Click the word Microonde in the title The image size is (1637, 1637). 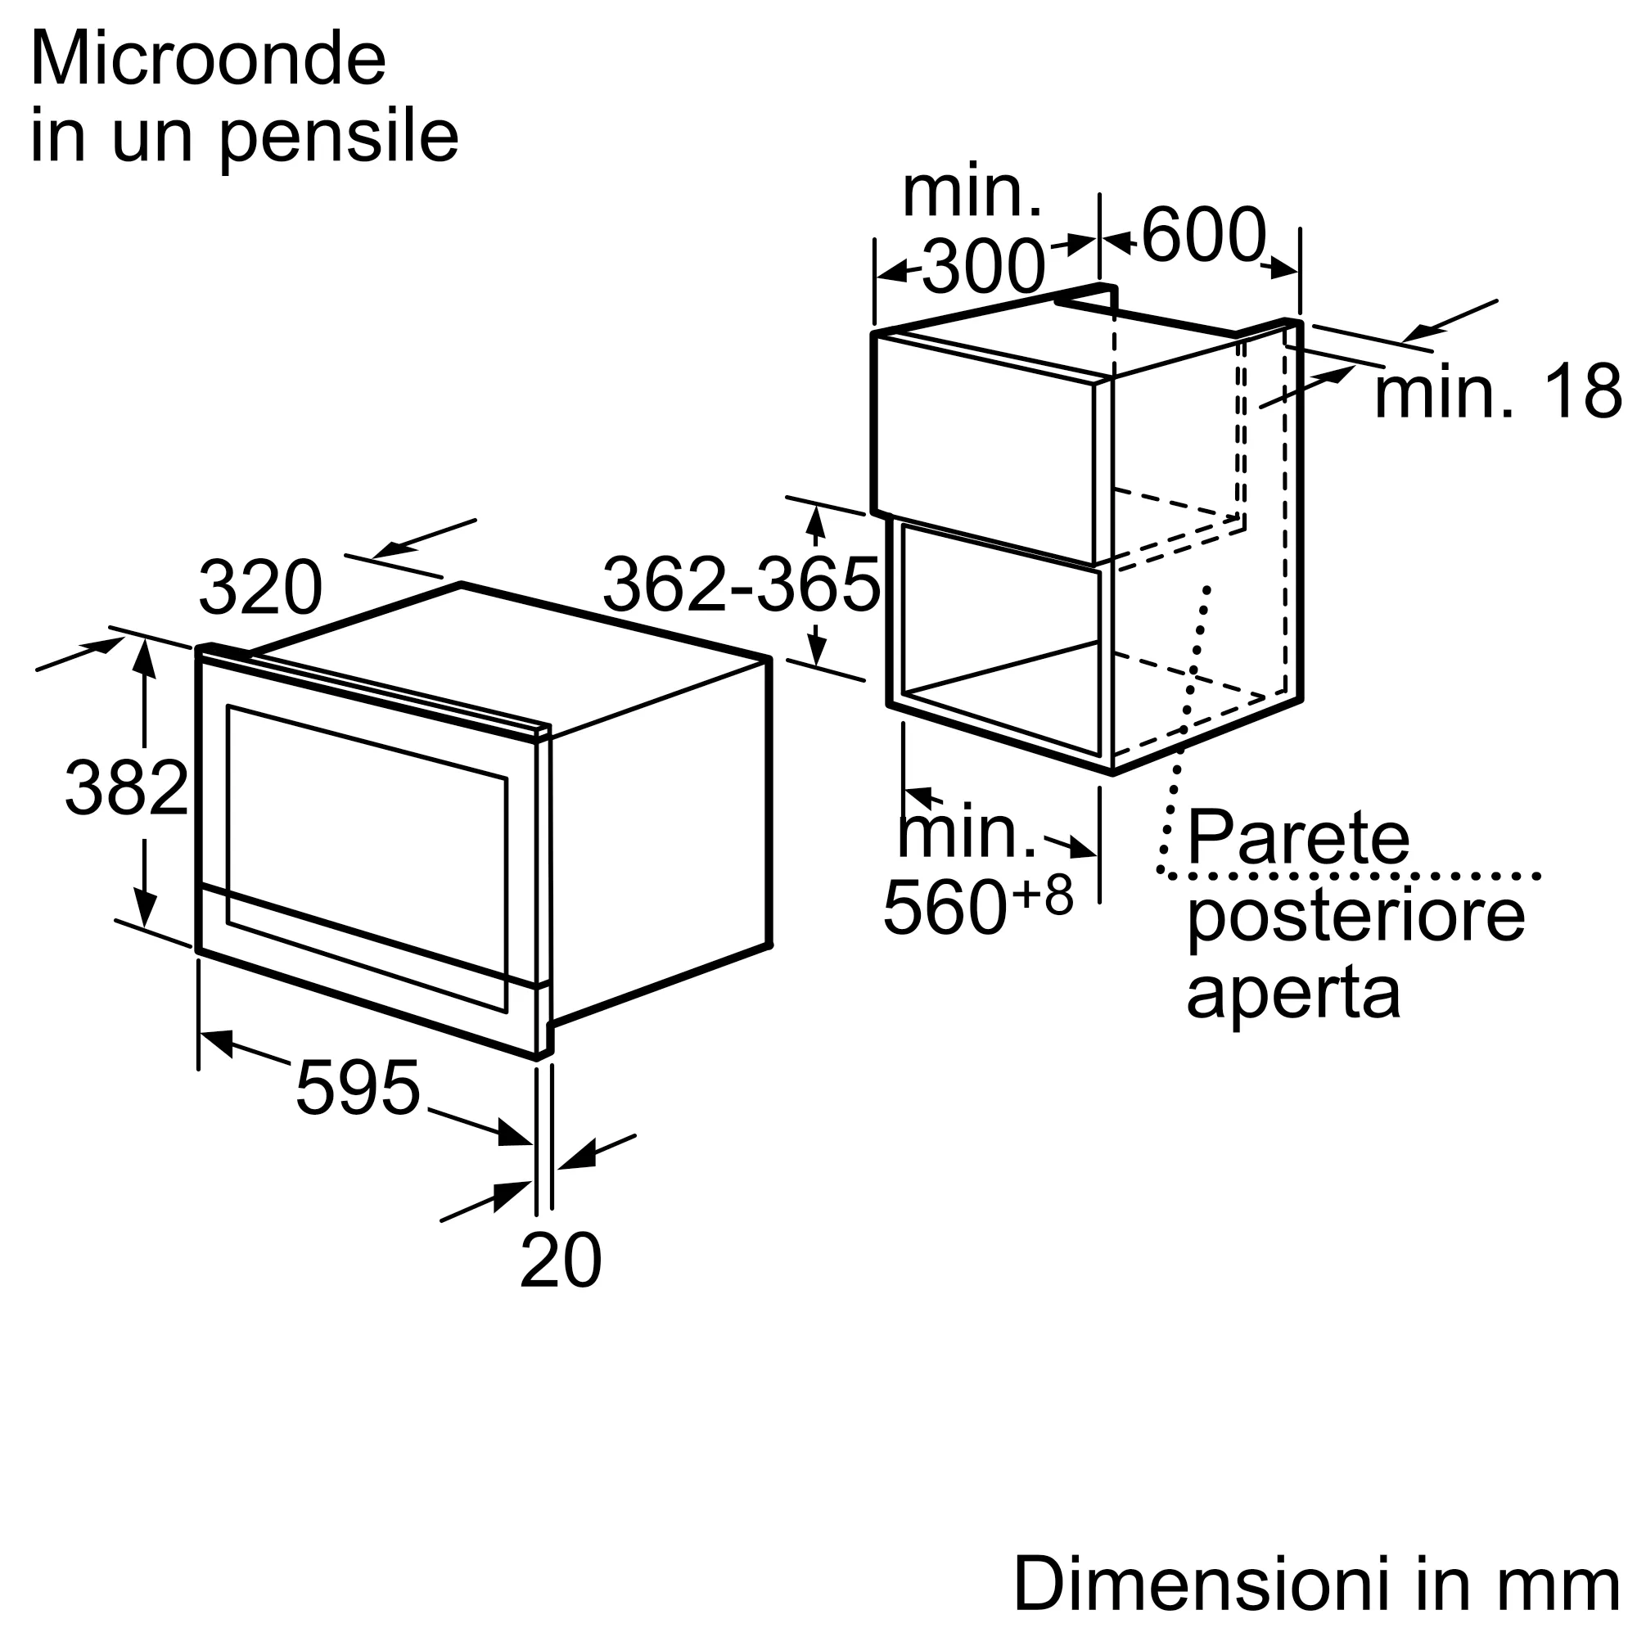pyautogui.click(x=209, y=60)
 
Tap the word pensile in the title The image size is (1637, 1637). pyautogui.click(x=339, y=138)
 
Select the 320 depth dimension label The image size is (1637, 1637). pyautogui.click(x=260, y=587)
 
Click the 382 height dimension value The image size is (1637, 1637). pyautogui.click(x=126, y=788)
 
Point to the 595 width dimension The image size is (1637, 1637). pyautogui.click(x=358, y=1087)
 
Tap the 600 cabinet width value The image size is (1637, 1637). pyautogui.click(x=1204, y=235)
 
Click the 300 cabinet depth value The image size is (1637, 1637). pyautogui.click(x=983, y=266)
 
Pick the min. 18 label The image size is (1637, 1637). pyautogui.click(x=1497, y=391)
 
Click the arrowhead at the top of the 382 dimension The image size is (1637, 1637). pyautogui.click(x=145, y=658)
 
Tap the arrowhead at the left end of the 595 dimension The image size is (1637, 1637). pyautogui.click(x=216, y=1043)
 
